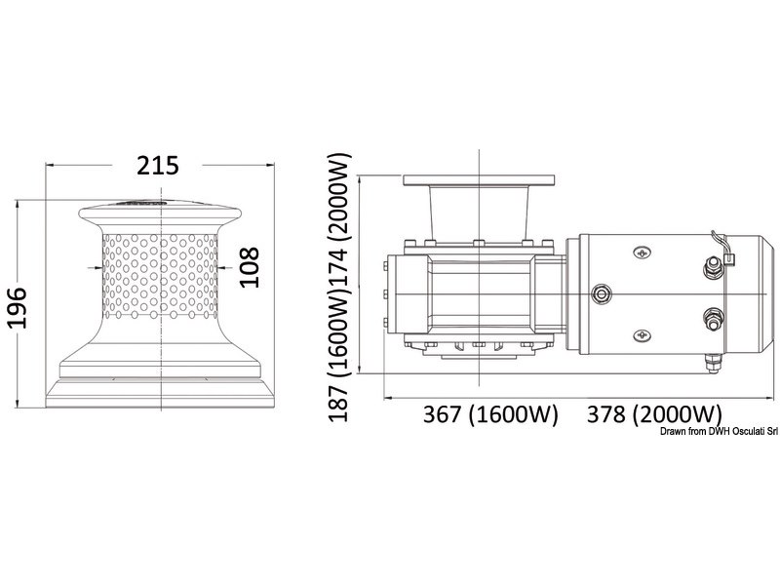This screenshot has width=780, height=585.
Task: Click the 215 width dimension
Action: click(x=158, y=165)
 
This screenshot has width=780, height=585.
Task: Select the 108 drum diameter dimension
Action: click(x=251, y=266)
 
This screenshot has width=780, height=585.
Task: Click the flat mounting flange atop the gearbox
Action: click(x=480, y=181)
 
